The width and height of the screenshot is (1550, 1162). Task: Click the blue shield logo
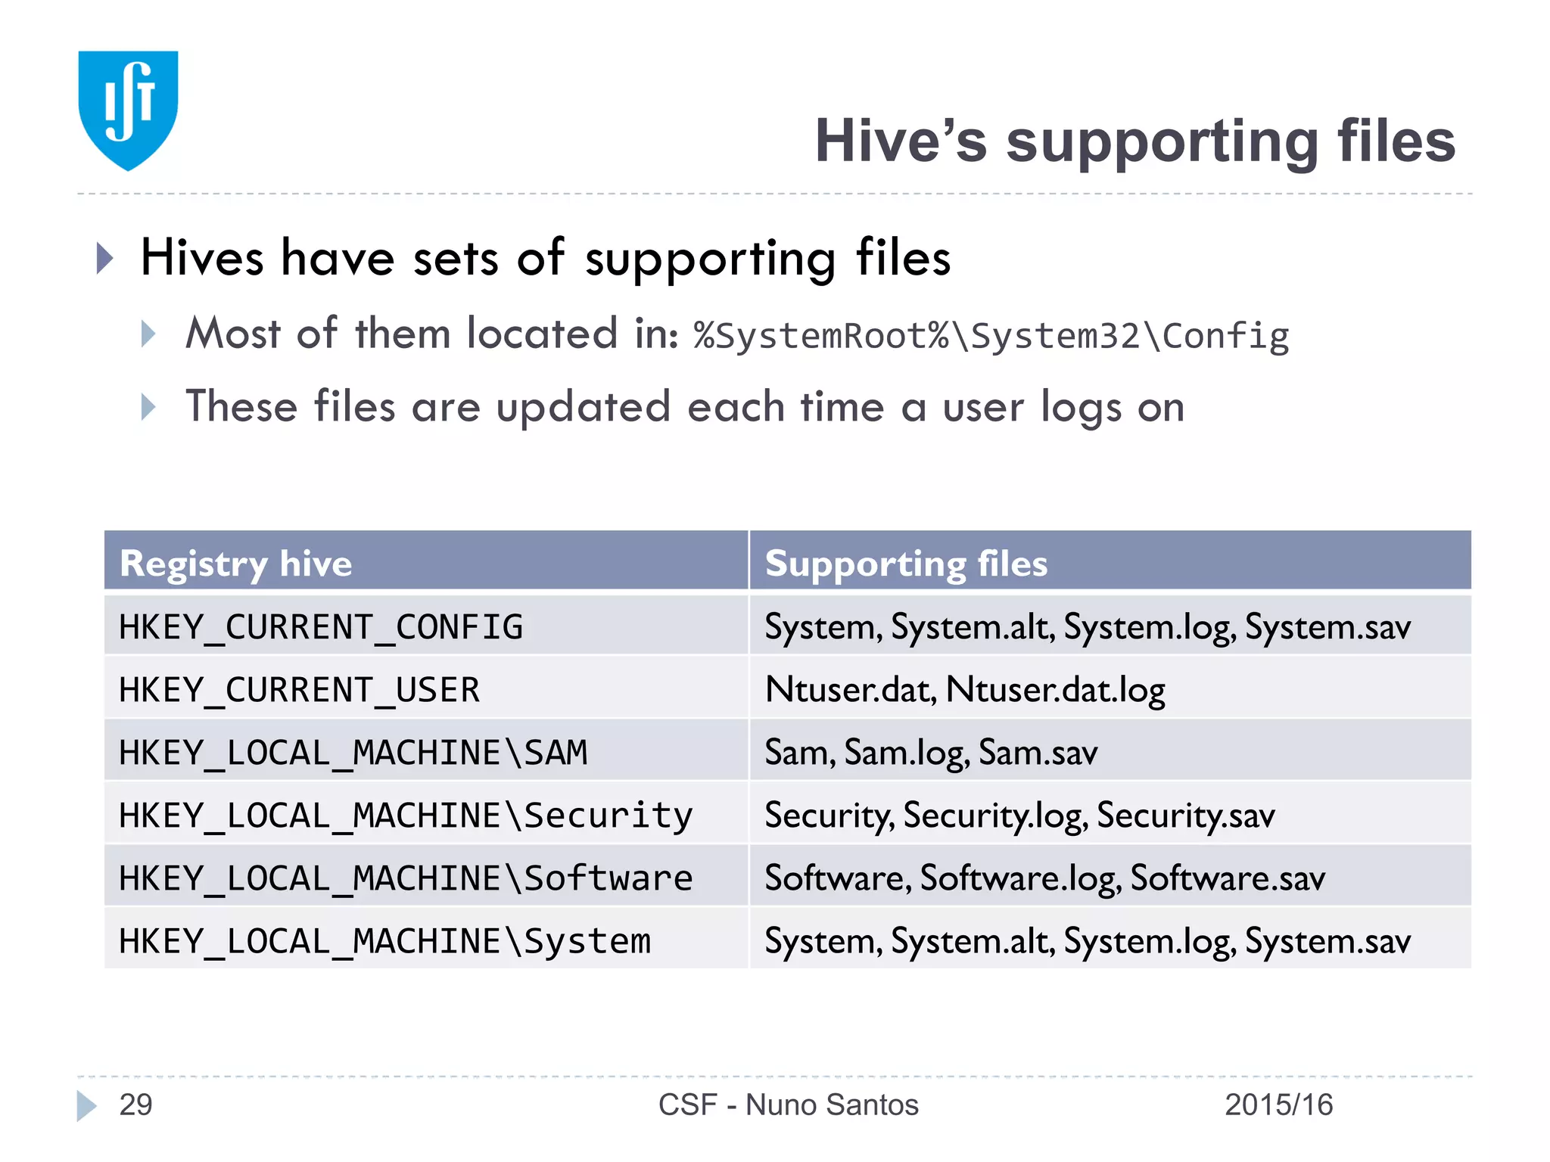[x=128, y=110]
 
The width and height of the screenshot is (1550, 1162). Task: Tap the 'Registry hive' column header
[x=236, y=564]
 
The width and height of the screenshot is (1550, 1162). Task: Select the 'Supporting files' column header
[x=906, y=564]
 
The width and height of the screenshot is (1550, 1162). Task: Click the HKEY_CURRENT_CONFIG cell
[x=321, y=627]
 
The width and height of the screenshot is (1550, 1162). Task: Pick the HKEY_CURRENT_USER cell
[x=300, y=690]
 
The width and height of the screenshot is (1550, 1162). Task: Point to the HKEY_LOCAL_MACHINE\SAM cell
[x=353, y=753]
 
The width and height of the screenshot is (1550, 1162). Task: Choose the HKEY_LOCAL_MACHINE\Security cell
[x=406, y=816]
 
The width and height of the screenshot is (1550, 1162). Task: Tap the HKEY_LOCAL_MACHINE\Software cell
[x=406, y=878]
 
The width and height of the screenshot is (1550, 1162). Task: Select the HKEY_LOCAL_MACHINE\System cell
[x=384, y=941]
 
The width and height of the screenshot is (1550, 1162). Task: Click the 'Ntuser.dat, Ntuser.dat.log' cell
[x=965, y=690]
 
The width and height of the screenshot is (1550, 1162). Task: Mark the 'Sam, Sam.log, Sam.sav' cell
[x=931, y=753]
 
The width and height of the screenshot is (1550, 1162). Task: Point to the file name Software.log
[x=1020, y=878]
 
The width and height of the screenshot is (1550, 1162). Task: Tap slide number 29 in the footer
[x=136, y=1105]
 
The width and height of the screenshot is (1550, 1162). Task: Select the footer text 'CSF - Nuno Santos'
[x=788, y=1105]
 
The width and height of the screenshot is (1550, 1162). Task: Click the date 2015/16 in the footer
[x=1278, y=1105]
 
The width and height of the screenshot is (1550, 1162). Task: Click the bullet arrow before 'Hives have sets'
[x=105, y=259]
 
